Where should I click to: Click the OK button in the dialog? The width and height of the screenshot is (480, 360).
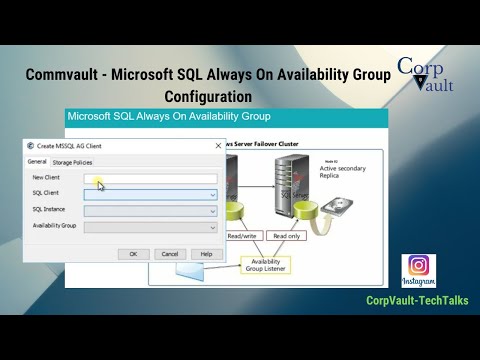tap(133, 253)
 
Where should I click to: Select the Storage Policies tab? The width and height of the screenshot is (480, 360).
tap(72, 162)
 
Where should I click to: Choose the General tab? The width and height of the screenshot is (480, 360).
tap(37, 161)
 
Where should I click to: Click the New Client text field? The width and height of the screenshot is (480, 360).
tap(150, 178)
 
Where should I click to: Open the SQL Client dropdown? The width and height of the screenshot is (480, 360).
tap(212, 194)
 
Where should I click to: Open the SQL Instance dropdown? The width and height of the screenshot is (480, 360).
tap(212, 211)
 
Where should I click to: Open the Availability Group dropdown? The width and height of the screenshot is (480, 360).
tap(212, 227)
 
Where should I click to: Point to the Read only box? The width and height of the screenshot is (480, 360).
tap(286, 236)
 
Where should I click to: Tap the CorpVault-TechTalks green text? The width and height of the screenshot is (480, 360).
tap(417, 300)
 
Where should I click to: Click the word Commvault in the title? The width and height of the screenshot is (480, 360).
tap(67, 75)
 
